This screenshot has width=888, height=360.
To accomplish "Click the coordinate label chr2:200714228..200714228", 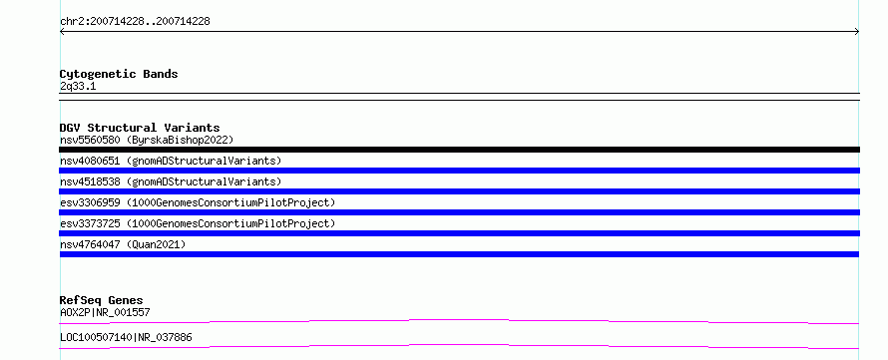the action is pyautogui.click(x=135, y=22).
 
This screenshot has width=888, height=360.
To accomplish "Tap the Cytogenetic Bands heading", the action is pyautogui.click(x=119, y=74).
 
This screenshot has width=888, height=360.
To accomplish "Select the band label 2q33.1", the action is pyautogui.click(x=78, y=86).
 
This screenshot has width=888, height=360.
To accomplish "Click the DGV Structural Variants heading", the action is pyautogui.click(x=140, y=128).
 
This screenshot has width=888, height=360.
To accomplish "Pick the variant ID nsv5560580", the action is pyautogui.click(x=90, y=140).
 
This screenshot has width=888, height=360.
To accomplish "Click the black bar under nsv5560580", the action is pyautogui.click(x=459, y=150).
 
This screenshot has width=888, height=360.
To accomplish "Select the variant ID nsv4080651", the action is pyautogui.click(x=90, y=161).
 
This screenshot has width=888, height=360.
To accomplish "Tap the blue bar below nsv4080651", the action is pyautogui.click(x=459, y=171).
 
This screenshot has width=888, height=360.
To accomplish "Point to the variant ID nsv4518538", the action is pyautogui.click(x=90, y=181).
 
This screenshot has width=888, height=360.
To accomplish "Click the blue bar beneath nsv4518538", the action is pyautogui.click(x=459, y=191).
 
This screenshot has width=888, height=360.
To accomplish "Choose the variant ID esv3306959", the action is pyautogui.click(x=90, y=202).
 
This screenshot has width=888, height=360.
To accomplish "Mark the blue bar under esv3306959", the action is pyautogui.click(x=459, y=212).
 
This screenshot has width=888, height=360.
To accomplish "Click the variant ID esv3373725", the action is pyautogui.click(x=90, y=223).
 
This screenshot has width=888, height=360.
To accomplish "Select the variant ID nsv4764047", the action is pyautogui.click(x=90, y=244).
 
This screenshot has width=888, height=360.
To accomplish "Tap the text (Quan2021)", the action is pyautogui.click(x=157, y=244).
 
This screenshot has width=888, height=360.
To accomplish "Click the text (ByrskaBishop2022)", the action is pyautogui.click(x=180, y=140).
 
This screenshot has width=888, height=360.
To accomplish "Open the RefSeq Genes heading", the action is pyautogui.click(x=102, y=300).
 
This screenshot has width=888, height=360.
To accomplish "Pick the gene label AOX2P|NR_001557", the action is pyautogui.click(x=105, y=312).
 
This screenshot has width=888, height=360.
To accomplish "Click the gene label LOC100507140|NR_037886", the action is pyautogui.click(x=126, y=337).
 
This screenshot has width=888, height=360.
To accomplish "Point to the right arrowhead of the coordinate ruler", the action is pyautogui.click(x=857, y=32).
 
